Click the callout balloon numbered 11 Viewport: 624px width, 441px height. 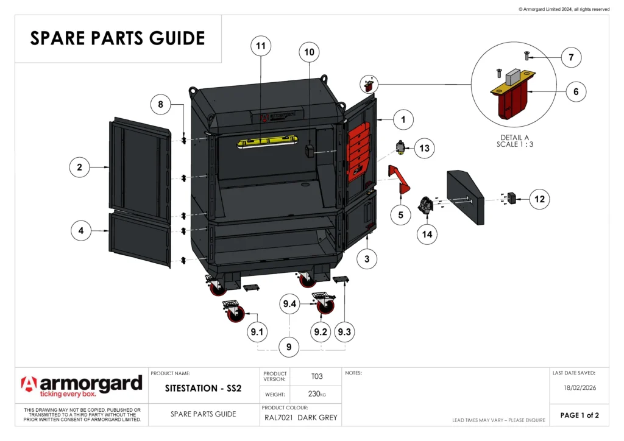261,46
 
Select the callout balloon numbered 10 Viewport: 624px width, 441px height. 310,52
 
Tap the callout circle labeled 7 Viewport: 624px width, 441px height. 571,58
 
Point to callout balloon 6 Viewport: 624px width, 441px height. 576,92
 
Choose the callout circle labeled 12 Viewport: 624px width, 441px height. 539,199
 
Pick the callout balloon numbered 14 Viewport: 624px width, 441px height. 427,234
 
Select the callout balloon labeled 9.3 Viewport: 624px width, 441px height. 344,331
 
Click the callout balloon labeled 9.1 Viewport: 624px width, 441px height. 257,331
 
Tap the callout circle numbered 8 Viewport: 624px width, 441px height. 161,105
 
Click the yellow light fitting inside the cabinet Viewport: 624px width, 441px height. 267,143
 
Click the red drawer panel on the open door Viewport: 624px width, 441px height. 358,151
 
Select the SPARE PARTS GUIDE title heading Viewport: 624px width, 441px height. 118,38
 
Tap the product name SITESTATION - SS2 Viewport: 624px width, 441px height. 204,389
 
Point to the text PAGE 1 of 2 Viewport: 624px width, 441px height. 580,415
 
